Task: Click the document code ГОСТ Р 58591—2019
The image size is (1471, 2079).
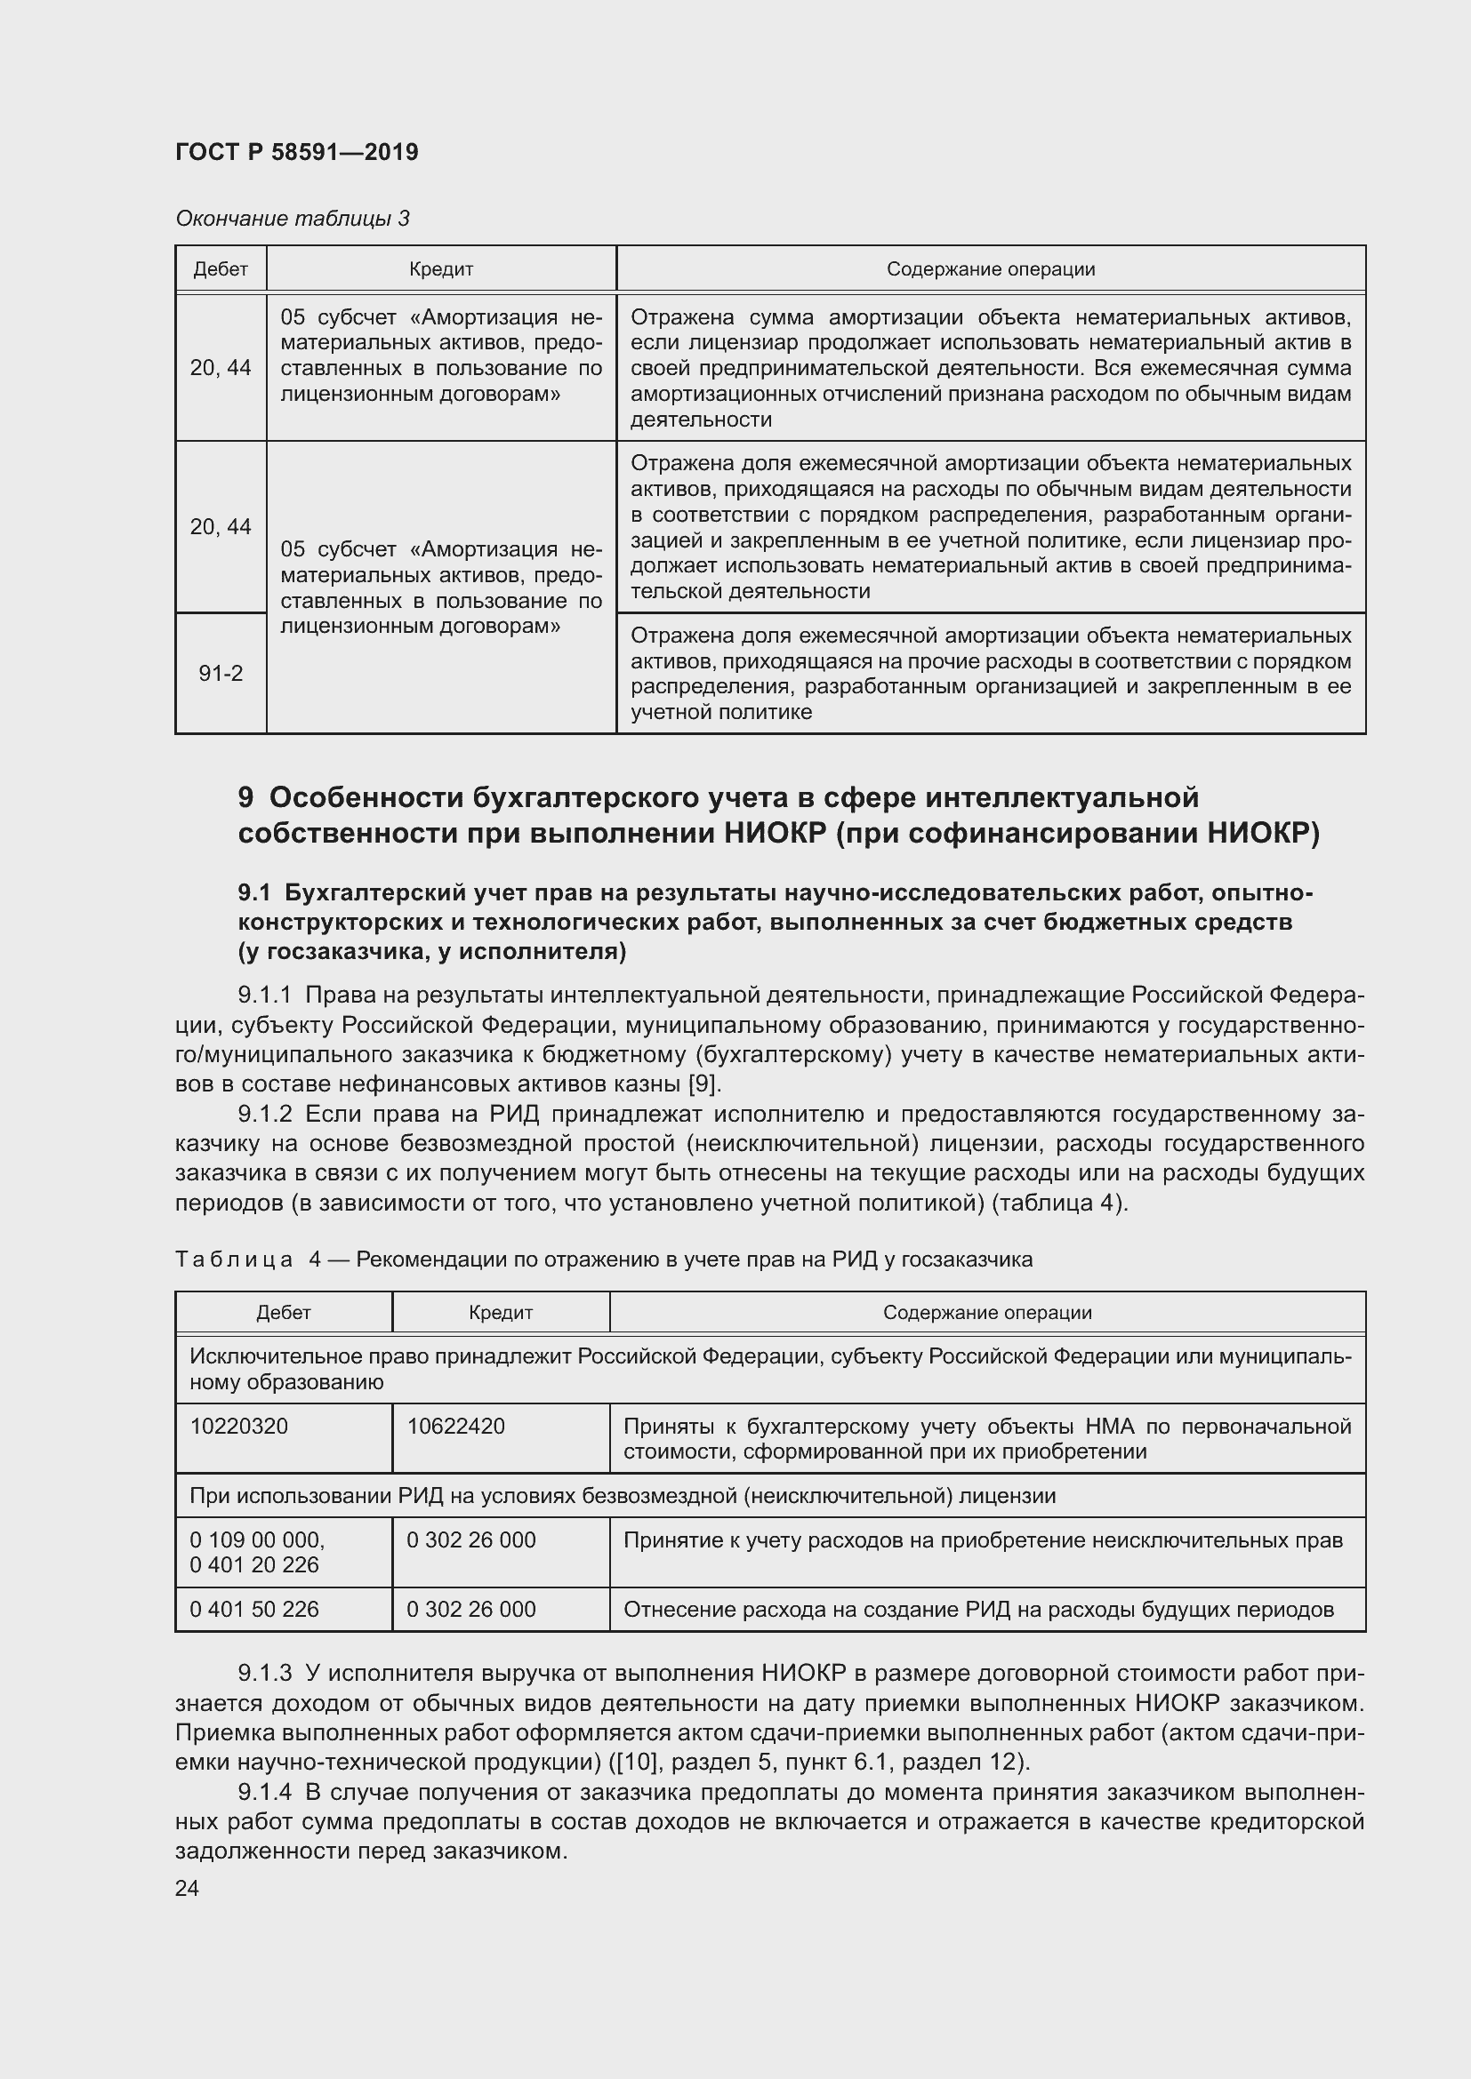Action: point(296,152)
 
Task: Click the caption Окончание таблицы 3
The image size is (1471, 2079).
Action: point(292,219)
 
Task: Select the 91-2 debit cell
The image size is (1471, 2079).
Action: point(221,673)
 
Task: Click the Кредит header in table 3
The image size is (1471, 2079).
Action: point(441,269)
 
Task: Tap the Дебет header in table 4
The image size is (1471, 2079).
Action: point(284,1312)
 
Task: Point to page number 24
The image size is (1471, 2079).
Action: point(187,1888)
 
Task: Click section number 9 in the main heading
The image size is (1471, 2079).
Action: point(245,797)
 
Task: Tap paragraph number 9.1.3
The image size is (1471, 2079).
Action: point(264,1673)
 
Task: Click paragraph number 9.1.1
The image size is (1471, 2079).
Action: point(264,996)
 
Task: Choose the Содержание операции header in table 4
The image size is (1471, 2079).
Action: point(987,1312)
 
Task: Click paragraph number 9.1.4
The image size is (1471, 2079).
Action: point(264,1792)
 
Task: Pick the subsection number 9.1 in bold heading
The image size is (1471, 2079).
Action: point(254,892)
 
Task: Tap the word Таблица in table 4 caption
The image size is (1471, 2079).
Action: point(234,1259)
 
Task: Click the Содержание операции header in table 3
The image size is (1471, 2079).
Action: point(990,269)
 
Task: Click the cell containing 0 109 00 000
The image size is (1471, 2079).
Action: point(257,1539)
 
